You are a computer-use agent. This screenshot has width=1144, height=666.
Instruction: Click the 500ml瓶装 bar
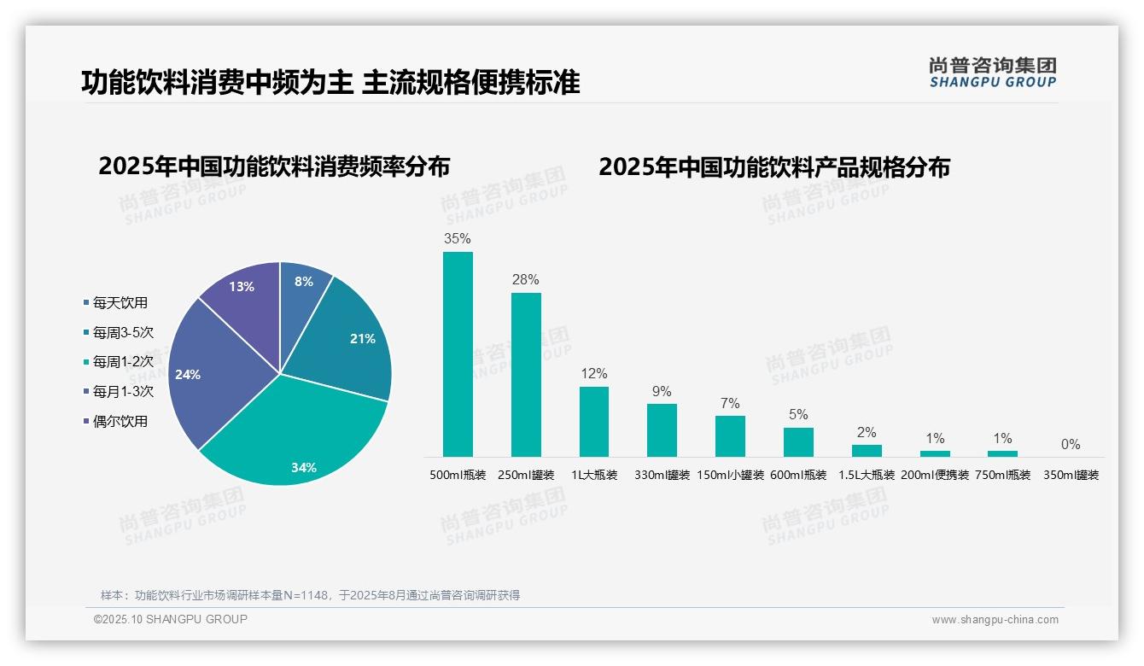(x=458, y=353)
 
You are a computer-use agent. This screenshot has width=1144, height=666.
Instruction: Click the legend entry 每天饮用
(x=120, y=303)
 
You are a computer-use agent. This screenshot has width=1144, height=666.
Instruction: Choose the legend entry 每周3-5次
(x=123, y=333)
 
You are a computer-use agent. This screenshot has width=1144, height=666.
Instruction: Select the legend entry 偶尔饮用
(x=120, y=422)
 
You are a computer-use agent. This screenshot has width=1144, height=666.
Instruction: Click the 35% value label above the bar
(x=458, y=239)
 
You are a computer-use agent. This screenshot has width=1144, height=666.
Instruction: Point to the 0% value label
(x=1071, y=445)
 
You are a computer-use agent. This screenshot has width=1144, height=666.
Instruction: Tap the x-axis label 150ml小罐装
(x=730, y=476)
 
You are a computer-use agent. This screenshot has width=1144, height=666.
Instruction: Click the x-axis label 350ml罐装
(x=1071, y=476)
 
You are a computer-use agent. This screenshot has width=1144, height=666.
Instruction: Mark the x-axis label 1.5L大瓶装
(x=867, y=476)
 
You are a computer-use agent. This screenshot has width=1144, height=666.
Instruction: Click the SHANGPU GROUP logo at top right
(x=993, y=73)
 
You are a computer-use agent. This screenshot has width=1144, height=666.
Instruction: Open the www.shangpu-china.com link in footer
(x=995, y=620)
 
